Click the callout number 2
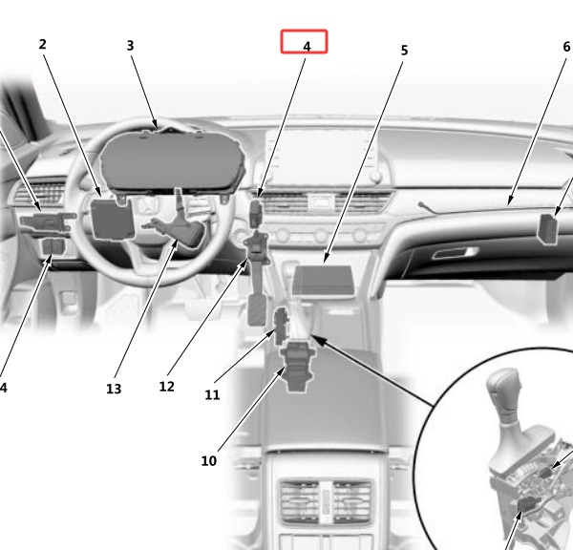[42, 44]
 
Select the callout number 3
[130, 46]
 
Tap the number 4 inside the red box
[307, 47]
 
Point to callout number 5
[404, 51]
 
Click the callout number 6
[566, 47]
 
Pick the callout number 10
[208, 461]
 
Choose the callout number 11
[212, 394]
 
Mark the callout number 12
[166, 387]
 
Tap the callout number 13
[114, 389]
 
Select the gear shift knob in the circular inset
[503, 395]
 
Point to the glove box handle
[455, 253]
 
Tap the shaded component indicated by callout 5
[323, 282]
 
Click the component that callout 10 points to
[297, 366]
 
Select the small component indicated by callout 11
[282, 326]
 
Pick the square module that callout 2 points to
[112, 219]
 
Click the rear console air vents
[326, 501]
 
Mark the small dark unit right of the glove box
[547, 229]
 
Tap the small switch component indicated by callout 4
[256, 214]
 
